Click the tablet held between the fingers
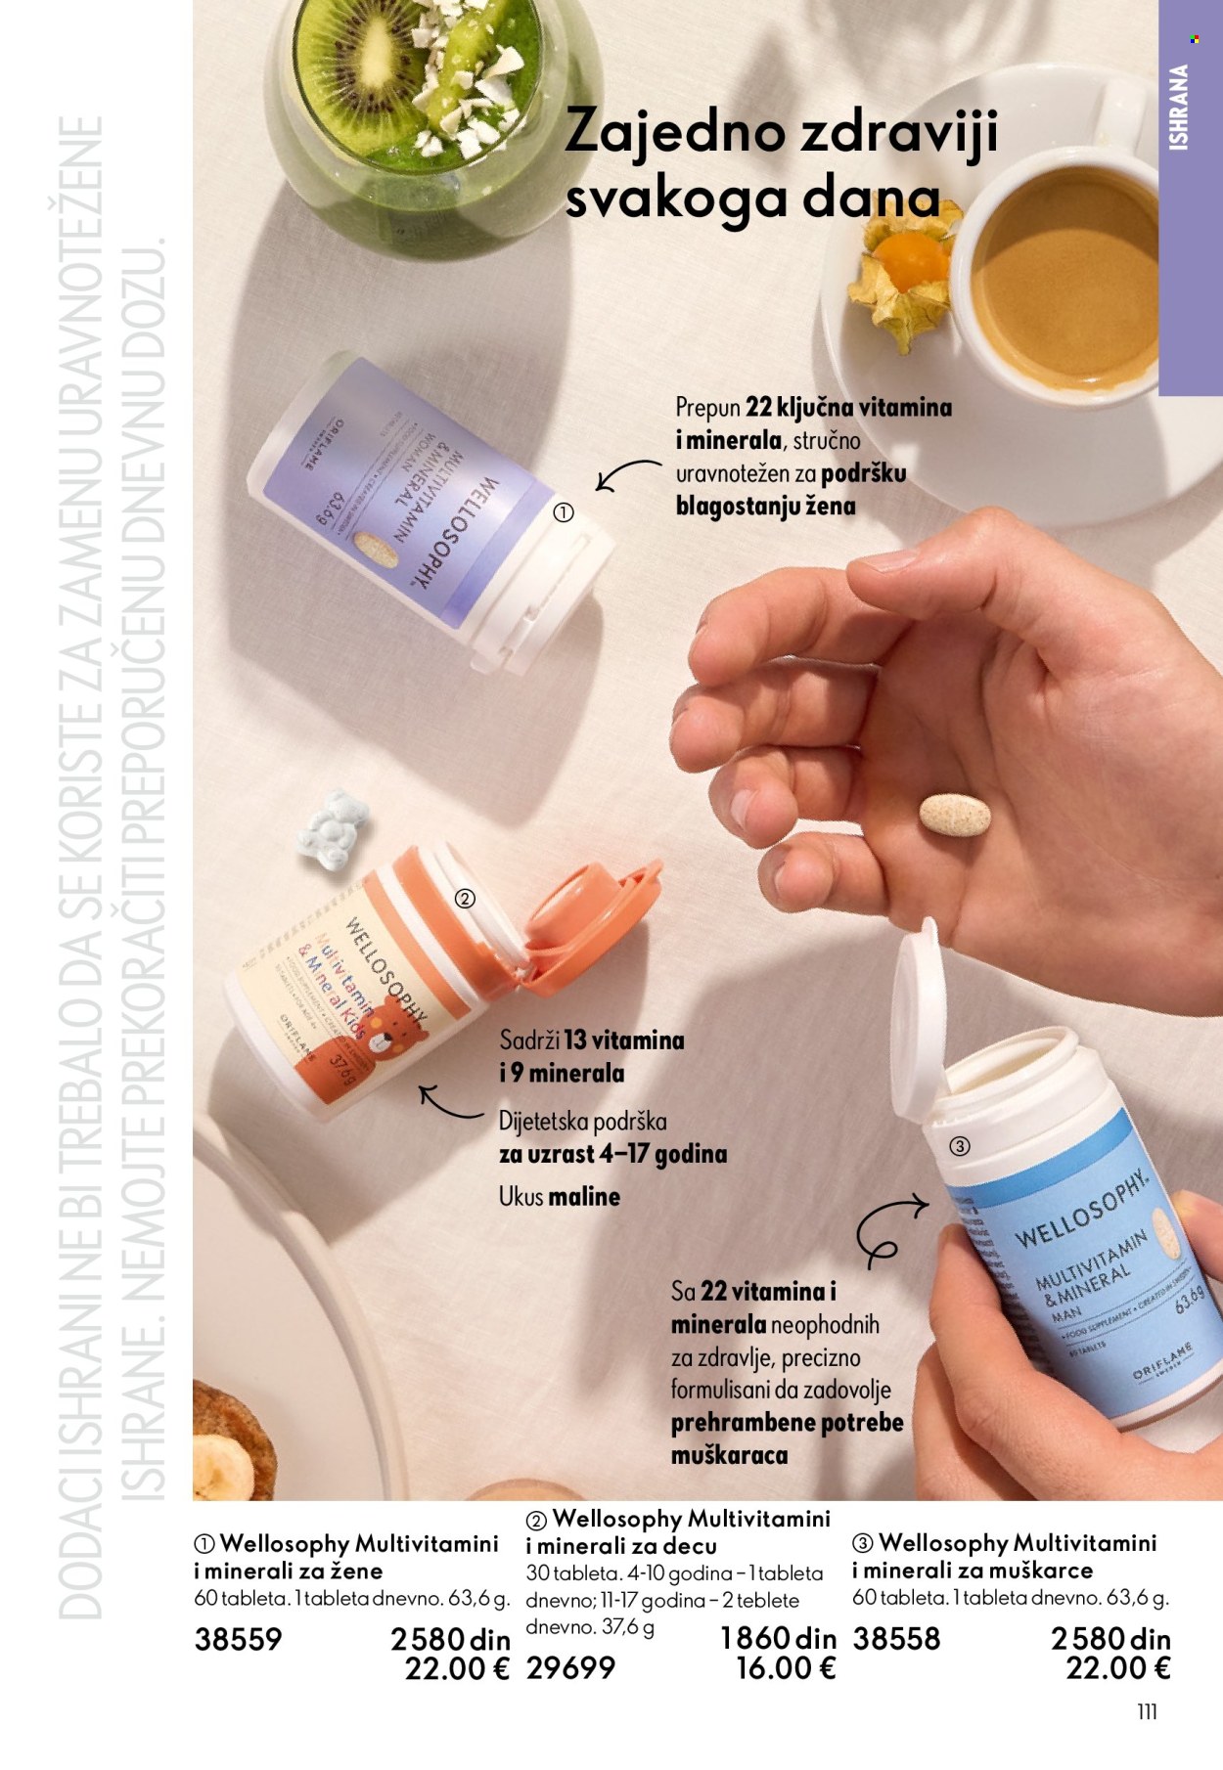954,815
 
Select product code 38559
238,1638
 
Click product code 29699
570,1668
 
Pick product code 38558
896,1638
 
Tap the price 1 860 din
778,1638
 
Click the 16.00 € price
786,1668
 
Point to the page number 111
1147,1711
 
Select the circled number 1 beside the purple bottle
564,512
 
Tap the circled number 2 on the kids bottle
466,899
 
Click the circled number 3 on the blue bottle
960,1146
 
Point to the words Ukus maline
559,1196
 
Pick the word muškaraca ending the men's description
729,1455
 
